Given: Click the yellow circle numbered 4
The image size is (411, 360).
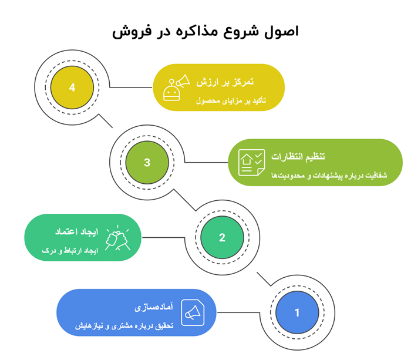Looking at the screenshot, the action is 72,88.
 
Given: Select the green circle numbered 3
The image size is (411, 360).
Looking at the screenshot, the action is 147,163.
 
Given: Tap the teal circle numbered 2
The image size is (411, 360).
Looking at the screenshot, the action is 222,238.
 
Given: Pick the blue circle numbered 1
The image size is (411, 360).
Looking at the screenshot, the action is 297,312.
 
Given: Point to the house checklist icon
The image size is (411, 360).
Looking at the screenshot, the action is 251,163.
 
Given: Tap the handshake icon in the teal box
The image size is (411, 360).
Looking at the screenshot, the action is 117,238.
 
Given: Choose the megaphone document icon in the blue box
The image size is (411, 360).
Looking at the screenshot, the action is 192,312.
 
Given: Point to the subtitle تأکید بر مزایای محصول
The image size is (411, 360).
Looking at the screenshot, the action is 231,100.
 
